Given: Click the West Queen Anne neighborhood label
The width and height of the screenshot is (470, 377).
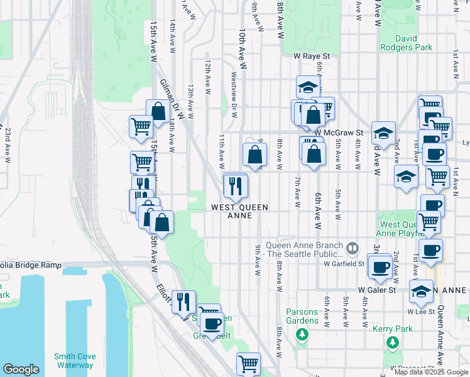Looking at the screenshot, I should pyautogui.click(x=239, y=211).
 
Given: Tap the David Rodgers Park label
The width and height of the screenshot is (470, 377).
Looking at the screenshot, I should pyautogui.click(x=407, y=43).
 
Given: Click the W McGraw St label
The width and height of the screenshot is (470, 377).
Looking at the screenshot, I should pyautogui.click(x=340, y=133).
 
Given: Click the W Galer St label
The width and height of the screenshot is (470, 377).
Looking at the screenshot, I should pyautogui.click(x=376, y=290).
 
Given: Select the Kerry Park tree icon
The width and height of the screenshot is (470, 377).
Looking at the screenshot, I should pyautogui.click(x=393, y=342).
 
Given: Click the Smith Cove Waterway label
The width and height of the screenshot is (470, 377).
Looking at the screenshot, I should pyautogui.click(x=74, y=361).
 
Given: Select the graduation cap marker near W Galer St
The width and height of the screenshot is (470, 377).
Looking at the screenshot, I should pyautogui.click(x=421, y=291).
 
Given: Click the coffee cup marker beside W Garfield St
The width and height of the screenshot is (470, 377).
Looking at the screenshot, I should pyautogui.click(x=380, y=266).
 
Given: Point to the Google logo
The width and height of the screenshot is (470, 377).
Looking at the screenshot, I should pyautogui.click(x=21, y=369).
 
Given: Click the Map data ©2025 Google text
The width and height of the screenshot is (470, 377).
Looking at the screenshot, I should pyautogui.click(x=431, y=372).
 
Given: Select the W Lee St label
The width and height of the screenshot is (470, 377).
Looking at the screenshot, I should pyautogui.click(x=418, y=311).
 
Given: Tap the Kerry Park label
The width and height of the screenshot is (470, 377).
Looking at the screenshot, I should pyautogui.click(x=393, y=329).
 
